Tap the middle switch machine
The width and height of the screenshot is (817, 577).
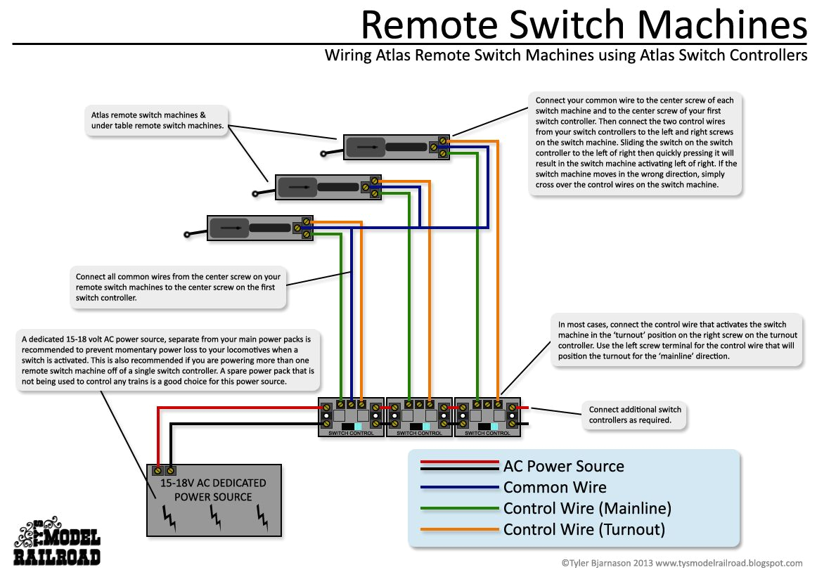click(x=328, y=187)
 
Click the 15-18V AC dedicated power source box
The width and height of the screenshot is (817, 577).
click(x=213, y=499)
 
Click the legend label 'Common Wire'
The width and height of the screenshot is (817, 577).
click(x=555, y=487)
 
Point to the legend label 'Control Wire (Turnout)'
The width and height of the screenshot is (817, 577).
click(x=584, y=529)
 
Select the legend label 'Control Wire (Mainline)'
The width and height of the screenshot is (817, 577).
click(x=587, y=508)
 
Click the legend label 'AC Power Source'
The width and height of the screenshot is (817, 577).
click(x=564, y=466)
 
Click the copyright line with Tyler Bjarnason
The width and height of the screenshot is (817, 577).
click(x=681, y=563)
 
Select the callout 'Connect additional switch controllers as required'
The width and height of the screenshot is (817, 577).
click(x=635, y=415)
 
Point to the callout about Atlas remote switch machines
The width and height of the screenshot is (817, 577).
click(x=157, y=120)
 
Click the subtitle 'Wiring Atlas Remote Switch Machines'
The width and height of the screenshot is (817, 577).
click(x=565, y=56)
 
